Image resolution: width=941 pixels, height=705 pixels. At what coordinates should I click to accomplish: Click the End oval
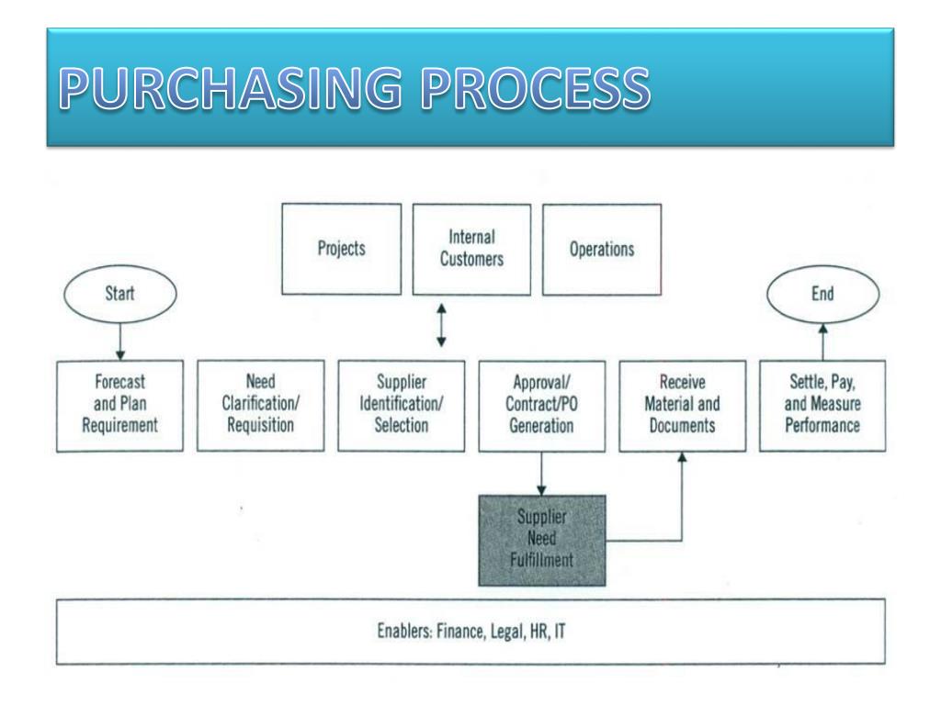click(822, 296)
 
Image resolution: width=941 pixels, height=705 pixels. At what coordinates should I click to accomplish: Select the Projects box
click(341, 249)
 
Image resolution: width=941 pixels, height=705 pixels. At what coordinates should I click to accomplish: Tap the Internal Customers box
click(471, 249)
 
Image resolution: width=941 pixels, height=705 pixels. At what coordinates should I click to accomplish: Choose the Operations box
click(602, 249)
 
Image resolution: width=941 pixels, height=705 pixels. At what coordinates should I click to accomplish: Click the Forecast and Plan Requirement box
click(121, 405)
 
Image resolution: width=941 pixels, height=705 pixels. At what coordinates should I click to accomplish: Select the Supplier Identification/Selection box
click(402, 405)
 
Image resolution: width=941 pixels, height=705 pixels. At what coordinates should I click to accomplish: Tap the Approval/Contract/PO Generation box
click(541, 405)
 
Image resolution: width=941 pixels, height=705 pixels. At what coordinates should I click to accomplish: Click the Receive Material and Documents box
click(683, 405)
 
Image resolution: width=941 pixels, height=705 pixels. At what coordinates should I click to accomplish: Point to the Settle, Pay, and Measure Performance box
click(823, 405)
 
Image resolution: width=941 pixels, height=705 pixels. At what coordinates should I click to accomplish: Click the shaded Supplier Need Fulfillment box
click(541, 540)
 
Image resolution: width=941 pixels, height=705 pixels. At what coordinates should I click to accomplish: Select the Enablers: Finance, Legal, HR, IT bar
click(470, 632)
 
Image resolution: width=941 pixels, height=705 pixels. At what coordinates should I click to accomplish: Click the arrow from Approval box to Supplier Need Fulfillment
click(541, 472)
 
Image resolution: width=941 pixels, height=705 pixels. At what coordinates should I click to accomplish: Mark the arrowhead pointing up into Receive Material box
click(682, 458)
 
